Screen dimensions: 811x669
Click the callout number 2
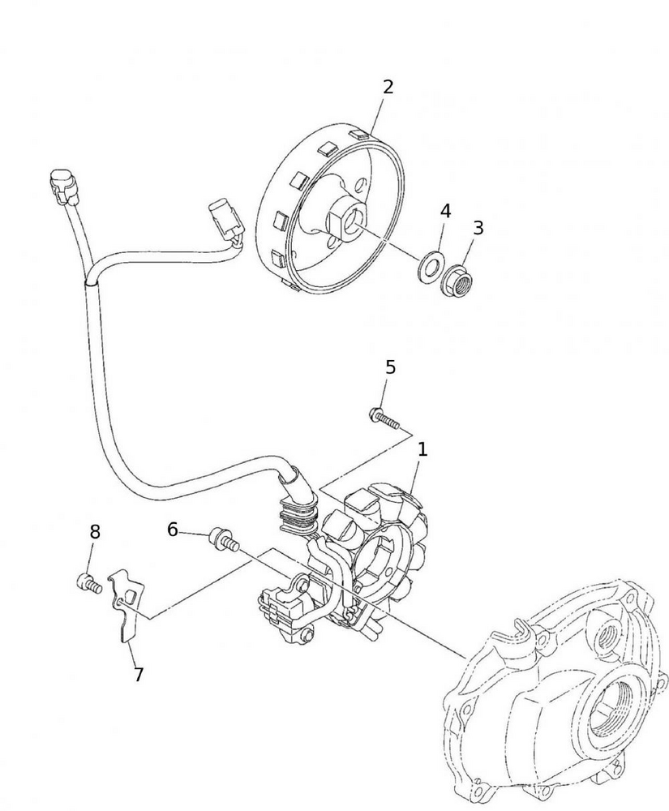tap(388, 88)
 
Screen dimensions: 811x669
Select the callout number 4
tap(445, 212)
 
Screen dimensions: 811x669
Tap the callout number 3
tap(478, 229)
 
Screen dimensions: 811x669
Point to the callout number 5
tap(391, 367)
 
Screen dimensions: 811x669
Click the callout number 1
tap(422, 449)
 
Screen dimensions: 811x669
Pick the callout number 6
tap(172, 530)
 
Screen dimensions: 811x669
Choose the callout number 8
tap(95, 532)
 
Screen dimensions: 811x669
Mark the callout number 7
tap(138, 675)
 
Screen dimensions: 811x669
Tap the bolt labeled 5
tap(385, 419)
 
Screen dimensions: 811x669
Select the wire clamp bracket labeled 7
tap(125, 605)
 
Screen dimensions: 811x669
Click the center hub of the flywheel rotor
tap(350, 217)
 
